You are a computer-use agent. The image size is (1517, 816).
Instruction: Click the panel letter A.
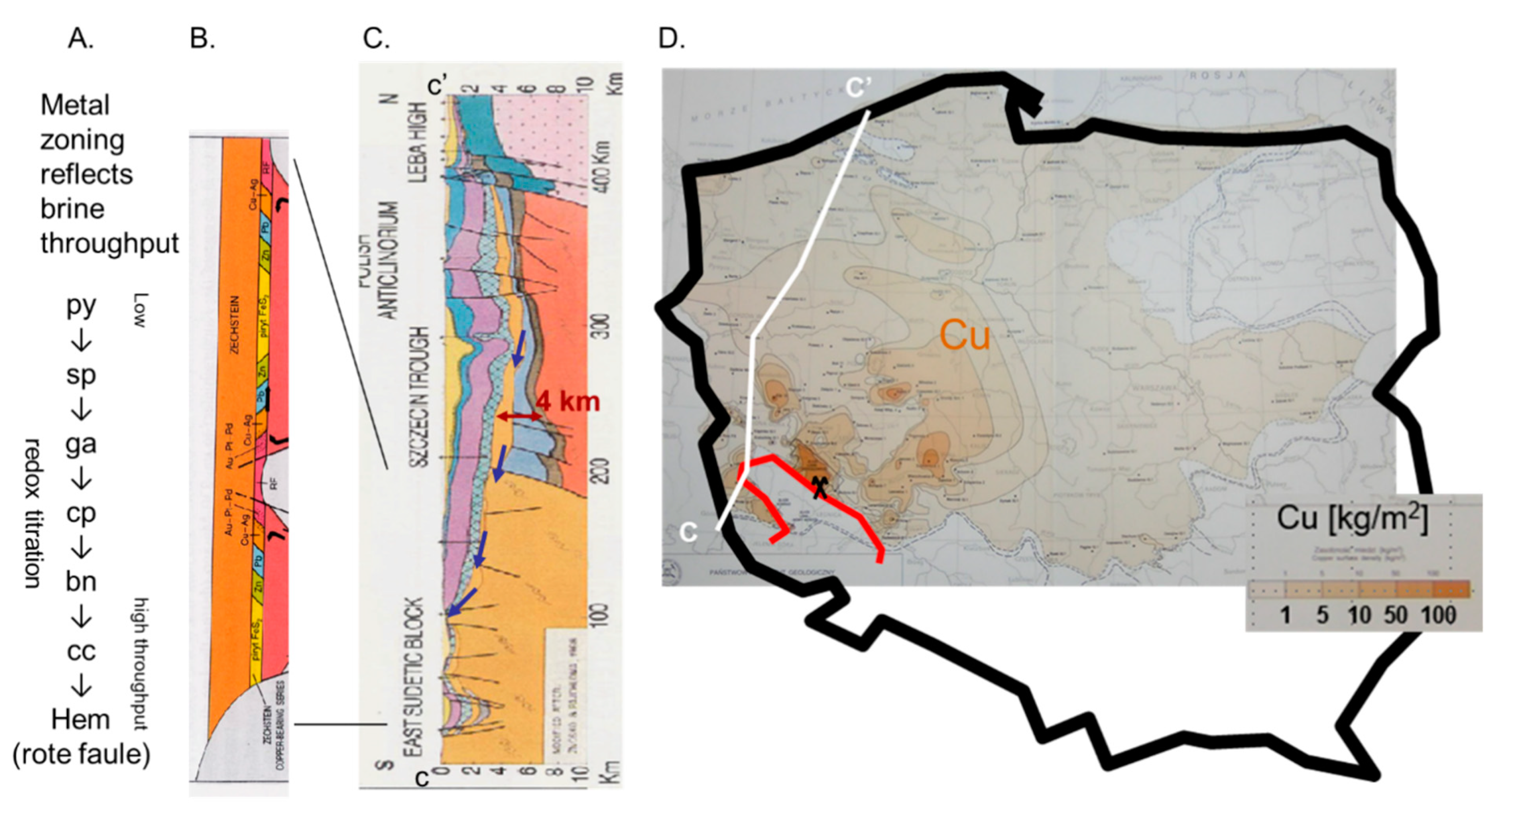81,39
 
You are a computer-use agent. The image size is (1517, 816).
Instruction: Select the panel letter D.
671,39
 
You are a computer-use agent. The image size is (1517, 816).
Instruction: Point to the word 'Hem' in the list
81,720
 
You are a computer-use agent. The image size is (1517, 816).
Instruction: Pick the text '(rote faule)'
81,754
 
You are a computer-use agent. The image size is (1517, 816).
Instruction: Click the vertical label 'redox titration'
33,512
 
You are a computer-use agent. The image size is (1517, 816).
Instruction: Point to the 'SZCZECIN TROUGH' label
419,398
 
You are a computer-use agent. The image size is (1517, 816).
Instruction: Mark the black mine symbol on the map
819,487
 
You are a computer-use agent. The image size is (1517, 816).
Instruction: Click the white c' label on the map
858,87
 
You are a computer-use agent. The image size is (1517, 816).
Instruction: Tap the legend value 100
1438,616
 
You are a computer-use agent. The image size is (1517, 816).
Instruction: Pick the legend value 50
1395,616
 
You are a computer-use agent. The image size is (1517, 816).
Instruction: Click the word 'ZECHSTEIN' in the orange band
235,324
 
